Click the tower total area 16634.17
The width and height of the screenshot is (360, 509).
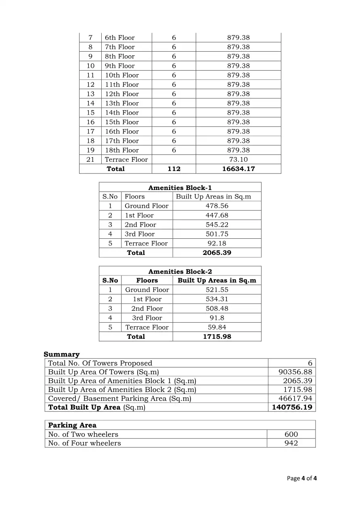pos(238,169)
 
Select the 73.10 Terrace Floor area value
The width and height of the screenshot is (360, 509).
pos(238,160)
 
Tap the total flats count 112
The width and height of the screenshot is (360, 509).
pos(174,169)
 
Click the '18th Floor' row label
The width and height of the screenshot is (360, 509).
pos(122,150)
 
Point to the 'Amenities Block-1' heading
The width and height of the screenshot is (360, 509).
pos(180,188)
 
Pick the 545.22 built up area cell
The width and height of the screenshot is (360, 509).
pos(217,225)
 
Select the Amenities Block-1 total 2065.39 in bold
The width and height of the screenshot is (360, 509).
pos(217,253)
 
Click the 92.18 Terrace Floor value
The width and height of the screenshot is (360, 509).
pos(217,244)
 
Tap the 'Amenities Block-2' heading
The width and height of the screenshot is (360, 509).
pos(180,272)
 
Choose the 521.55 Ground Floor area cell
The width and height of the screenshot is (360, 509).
pos(217,290)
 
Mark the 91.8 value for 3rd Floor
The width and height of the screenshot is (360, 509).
pos(217,318)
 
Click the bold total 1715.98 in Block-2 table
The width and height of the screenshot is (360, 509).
pos(217,337)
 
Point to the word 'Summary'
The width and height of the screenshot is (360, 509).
pos(62,355)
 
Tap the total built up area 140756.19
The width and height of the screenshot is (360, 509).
pos(292,407)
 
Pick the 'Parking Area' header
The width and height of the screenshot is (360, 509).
pos(72,426)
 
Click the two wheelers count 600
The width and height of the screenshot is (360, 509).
pos(291,435)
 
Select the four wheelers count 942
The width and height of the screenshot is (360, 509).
pos(291,444)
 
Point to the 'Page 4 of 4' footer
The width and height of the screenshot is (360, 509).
pos(301,479)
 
